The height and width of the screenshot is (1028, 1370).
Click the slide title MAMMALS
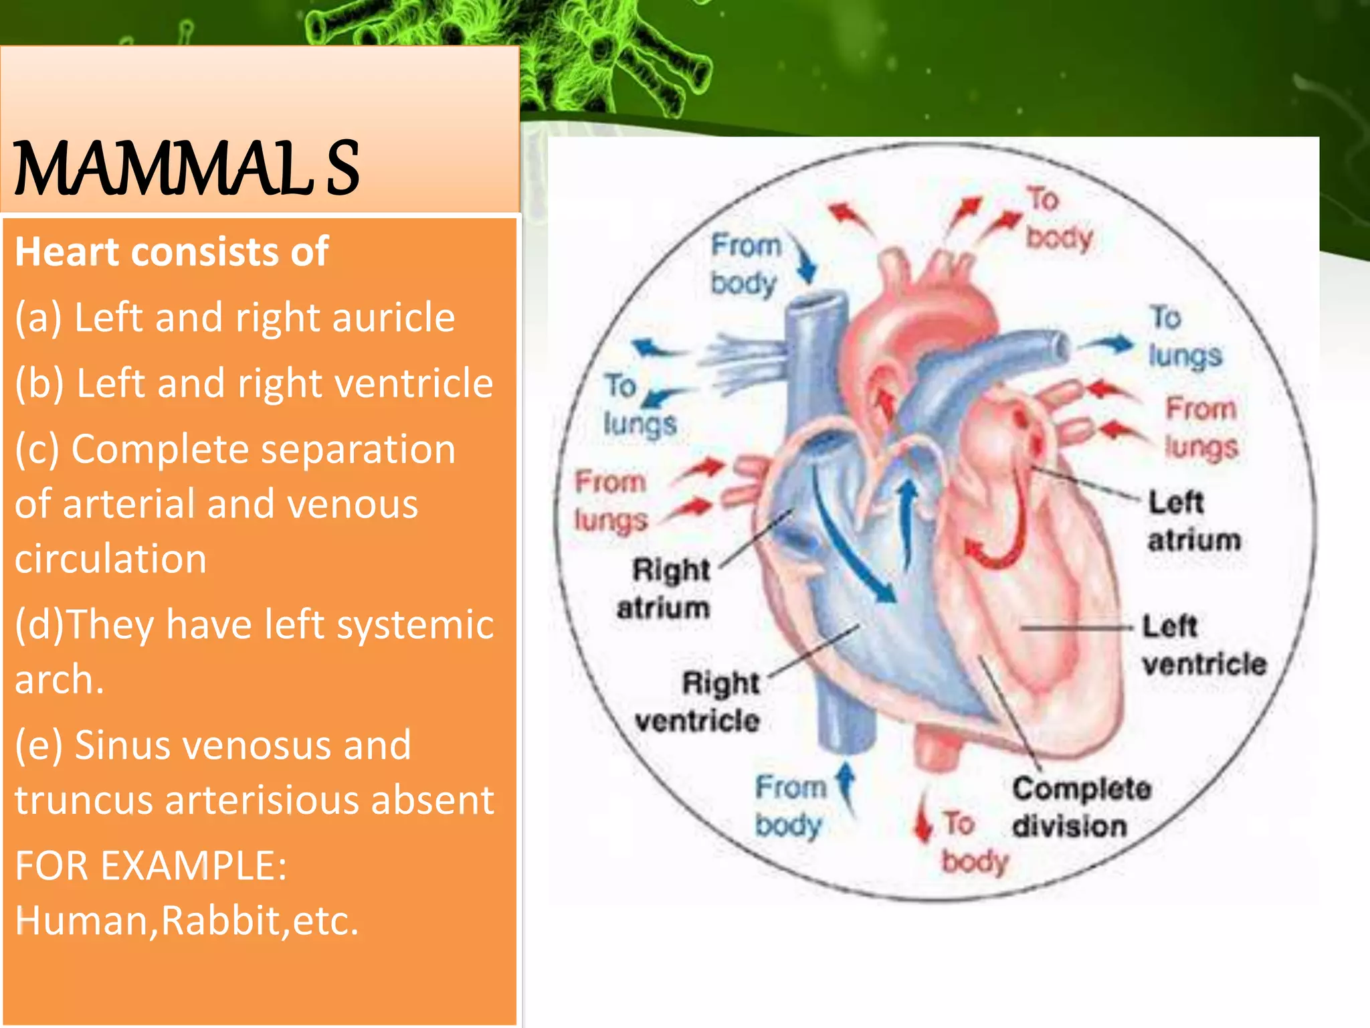[x=186, y=169]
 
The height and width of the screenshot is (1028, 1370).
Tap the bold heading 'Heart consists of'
[x=171, y=252]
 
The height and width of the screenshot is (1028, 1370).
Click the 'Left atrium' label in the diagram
[x=1193, y=521]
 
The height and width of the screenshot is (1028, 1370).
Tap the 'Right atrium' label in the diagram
[x=664, y=588]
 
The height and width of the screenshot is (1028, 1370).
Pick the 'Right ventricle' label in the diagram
[x=698, y=702]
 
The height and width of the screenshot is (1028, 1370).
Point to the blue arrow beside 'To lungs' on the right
[x=1109, y=344]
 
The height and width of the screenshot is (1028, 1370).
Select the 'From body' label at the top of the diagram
[x=745, y=264]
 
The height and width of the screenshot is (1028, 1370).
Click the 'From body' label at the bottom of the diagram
[x=789, y=806]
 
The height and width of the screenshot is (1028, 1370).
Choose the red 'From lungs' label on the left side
[x=610, y=501]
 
